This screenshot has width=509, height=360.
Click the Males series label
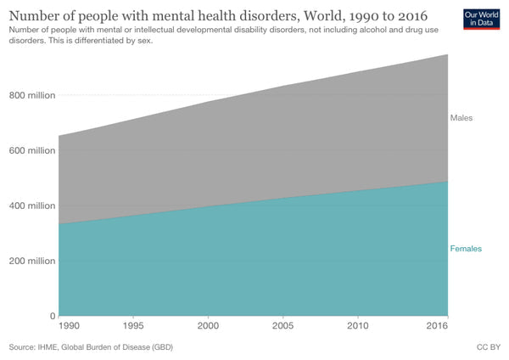461,118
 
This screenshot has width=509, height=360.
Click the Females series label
466,249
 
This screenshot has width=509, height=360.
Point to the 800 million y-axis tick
32,95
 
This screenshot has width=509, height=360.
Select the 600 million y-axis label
32,150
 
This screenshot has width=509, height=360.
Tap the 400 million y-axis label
32,205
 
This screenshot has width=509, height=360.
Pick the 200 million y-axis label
32,261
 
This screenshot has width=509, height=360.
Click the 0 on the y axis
52,316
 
